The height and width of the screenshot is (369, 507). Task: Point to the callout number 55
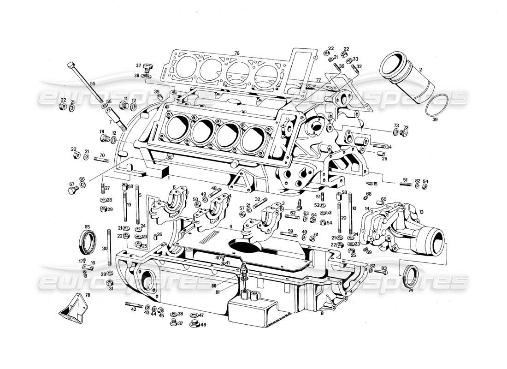(x=93, y=84)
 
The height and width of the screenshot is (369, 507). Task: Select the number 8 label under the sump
(x=323, y=314)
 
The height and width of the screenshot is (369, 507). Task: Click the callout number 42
(x=134, y=309)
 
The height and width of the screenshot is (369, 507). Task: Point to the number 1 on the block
(x=169, y=178)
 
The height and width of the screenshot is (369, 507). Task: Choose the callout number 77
(x=318, y=80)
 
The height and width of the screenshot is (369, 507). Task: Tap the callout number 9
(x=230, y=226)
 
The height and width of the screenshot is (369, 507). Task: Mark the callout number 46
(x=203, y=325)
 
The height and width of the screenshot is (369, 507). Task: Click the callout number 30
(x=105, y=248)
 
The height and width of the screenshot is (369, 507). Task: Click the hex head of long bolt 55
(x=71, y=65)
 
